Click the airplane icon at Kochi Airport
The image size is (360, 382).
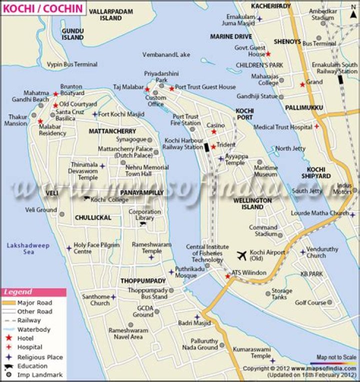242,256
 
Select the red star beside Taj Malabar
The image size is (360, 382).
147,89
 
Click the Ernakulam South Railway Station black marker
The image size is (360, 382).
340,80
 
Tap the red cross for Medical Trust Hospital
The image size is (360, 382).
316,127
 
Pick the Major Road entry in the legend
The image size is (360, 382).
34,303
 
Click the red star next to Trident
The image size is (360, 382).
213,147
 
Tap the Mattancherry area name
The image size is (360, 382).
112,131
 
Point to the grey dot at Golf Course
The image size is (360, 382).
329,302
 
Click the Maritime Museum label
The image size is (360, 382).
265,171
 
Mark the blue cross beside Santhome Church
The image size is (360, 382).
113,297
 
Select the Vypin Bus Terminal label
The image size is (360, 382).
72,65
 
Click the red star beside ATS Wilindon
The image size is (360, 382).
227,276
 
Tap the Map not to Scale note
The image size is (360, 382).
336,357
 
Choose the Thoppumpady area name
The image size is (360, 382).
143,281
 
